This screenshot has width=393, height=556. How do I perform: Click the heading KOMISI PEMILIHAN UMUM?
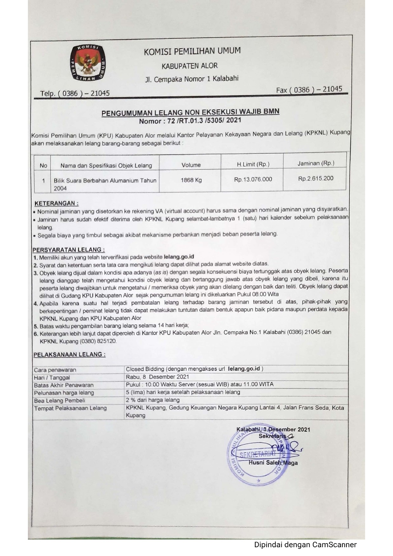(192, 51)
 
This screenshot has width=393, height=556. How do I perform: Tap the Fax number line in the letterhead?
(309, 89)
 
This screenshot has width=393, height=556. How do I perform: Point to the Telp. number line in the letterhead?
(75, 93)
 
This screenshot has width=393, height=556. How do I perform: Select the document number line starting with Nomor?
(190, 120)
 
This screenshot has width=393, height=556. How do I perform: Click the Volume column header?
(191, 165)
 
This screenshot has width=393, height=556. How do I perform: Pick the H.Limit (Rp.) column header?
(253, 164)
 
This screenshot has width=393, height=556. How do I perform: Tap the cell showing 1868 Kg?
(191, 180)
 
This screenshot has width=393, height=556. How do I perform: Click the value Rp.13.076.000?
(253, 179)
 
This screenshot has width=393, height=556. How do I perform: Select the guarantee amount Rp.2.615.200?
(316, 178)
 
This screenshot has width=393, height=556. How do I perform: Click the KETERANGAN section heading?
(56, 203)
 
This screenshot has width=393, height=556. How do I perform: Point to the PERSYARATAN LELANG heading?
(69, 250)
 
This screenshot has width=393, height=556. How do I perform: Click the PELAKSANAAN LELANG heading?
(69, 355)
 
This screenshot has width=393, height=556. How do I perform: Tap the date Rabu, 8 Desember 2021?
(157, 377)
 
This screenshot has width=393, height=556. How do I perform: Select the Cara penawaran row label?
(55, 370)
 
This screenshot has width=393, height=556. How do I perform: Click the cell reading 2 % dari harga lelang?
(153, 400)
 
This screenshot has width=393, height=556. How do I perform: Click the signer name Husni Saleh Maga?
(273, 463)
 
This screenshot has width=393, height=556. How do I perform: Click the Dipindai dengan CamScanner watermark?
(306, 545)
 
